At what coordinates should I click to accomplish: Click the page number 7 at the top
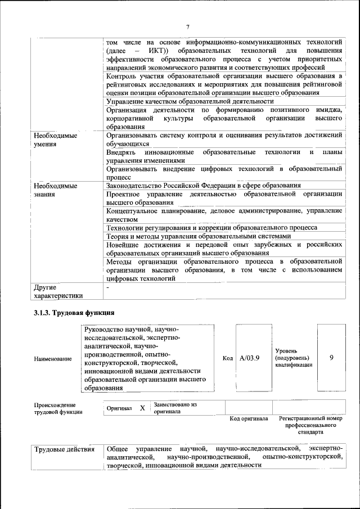188,26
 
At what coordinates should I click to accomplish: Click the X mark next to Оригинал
142,408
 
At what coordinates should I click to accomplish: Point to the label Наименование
53,358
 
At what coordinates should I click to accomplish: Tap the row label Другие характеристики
58,291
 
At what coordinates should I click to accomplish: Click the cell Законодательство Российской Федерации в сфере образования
203,185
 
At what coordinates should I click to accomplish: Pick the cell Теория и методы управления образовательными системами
199,236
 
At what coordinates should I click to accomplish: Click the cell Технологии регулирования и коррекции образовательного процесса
211,227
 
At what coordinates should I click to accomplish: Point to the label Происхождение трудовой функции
58,408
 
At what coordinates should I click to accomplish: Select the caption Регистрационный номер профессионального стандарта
310,426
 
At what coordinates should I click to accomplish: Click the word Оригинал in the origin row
119,408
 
